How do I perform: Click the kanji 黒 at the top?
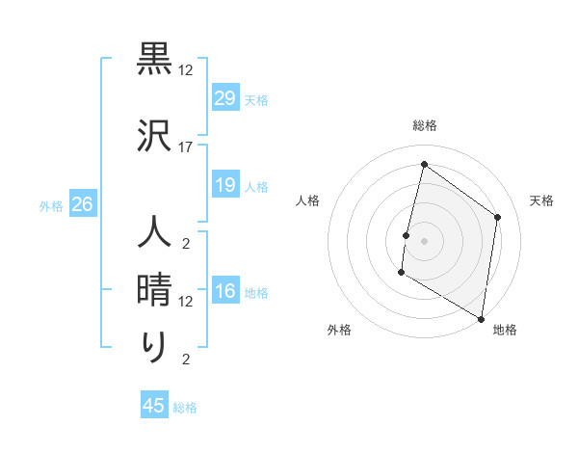point(155,59)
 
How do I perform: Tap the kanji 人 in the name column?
point(155,233)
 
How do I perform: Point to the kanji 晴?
point(155,290)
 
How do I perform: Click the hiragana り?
point(155,347)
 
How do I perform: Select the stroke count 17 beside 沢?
point(186,147)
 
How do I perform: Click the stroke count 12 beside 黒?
point(186,70)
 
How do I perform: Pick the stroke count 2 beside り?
point(186,360)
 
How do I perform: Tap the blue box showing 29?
point(224,97)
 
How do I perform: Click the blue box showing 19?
point(224,184)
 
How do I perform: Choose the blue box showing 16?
point(224,291)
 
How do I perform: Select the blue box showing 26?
point(82,203)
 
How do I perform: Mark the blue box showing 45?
point(154,406)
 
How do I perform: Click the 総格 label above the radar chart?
point(424,125)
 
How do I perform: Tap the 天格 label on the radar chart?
point(541,200)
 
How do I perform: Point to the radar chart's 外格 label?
point(339,330)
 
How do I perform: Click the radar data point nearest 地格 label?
point(481,318)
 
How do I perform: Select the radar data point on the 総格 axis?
point(424,165)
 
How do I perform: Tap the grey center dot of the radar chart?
point(424,241)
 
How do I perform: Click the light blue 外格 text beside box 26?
point(51,205)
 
